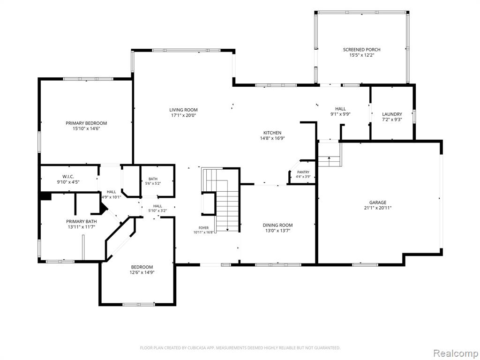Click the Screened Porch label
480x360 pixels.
point(361,50)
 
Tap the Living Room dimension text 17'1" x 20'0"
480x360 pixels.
point(183,115)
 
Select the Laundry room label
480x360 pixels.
point(392,114)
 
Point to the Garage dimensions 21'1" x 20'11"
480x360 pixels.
point(377,208)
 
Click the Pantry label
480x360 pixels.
point(303,172)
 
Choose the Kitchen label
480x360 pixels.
point(272,133)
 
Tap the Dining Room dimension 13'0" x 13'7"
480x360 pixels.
point(277,231)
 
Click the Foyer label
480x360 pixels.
point(203,228)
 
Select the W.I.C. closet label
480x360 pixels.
point(68,177)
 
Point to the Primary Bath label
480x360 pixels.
point(82,221)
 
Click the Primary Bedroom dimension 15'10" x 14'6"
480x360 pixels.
point(86,129)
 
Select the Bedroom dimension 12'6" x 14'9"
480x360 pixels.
point(142,272)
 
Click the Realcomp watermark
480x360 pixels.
point(455,353)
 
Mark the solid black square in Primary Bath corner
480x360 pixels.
point(46,196)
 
